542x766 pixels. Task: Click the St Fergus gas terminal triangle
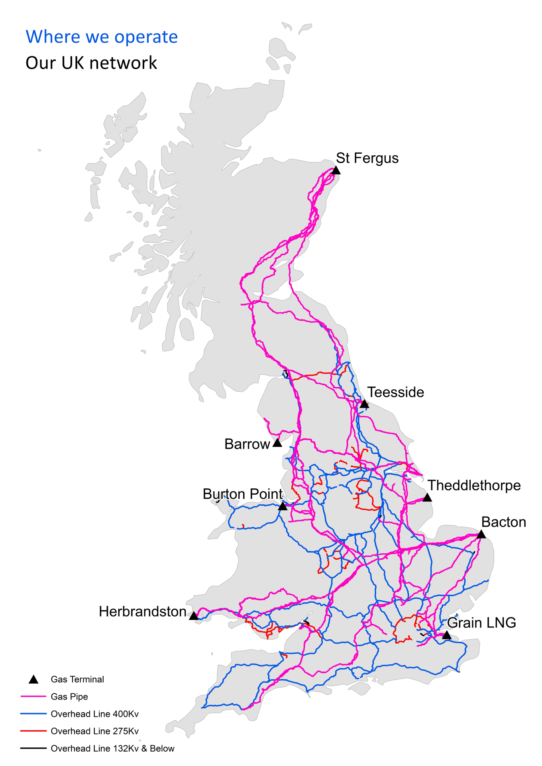(x=336, y=170)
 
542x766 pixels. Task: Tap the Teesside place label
(x=395, y=392)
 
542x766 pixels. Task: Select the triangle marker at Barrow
(x=277, y=443)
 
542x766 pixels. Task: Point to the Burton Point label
(x=242, y=494)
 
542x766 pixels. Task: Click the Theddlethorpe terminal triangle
(x=427, y=498)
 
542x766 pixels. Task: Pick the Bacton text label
(x=503, y=522)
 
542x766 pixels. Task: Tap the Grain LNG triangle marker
(x=447, y=635)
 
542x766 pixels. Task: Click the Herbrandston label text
(x=142, y=611)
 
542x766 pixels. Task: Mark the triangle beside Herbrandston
(x=194, y=616)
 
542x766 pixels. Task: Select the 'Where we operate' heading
(x=102, y=37)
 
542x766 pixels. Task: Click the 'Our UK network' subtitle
(x=91, y=63)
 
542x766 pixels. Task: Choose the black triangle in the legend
(x=34, y=680)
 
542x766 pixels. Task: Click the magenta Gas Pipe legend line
(x=33, y=696)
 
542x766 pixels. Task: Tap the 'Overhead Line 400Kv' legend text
(x=94, y=714)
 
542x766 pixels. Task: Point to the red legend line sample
(x=33, y=731)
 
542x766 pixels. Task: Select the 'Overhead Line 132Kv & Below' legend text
(x=112, y=748)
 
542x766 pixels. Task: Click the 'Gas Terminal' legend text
(x=77, y=679)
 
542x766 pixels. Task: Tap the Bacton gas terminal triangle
(x=481, y=534)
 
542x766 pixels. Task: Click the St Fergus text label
(x=367, y=158)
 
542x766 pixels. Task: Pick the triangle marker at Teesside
(x=364, y=404)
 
